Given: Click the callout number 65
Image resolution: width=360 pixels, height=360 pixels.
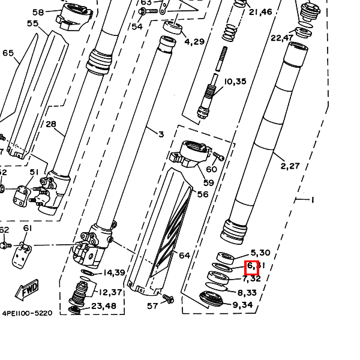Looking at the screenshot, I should click(x=8, y=53).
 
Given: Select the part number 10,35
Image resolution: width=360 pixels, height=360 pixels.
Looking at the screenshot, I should click(x=235, y=82).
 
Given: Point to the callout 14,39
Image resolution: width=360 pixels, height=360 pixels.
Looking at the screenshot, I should click(x=113, y=273).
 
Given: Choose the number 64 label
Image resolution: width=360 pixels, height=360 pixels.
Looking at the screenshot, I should click(x=184, y=256).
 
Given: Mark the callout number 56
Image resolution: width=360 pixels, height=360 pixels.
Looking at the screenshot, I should click(x=203, y=194).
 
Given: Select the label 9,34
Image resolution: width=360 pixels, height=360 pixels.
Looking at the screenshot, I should click(x=243, y=305).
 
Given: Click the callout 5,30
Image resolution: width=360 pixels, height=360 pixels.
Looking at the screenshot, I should click(x=260, y=253).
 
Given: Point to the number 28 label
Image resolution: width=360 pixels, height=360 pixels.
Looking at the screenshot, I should click(x=50, y=125).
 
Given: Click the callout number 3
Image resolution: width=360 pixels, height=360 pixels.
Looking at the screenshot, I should click(x=161, y=134).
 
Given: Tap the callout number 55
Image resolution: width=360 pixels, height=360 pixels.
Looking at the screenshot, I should click(x=32, y=23).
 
